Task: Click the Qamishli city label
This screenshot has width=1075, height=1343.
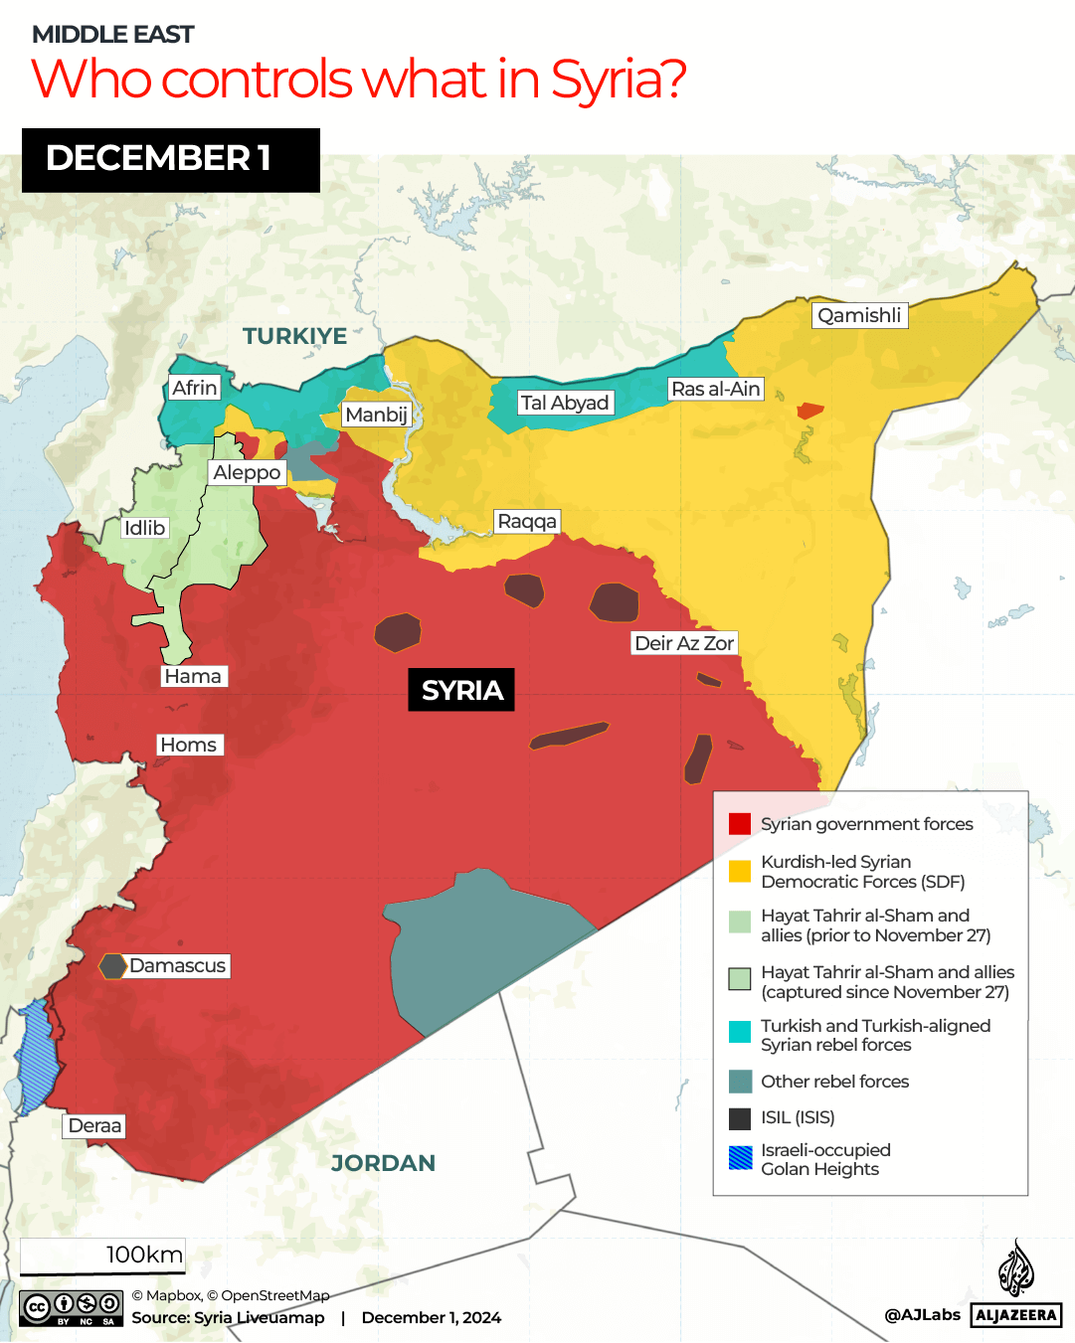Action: coord(859,315)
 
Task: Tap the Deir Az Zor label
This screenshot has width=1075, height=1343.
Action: coord(684,643)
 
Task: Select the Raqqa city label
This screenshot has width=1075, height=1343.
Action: coord(527,522)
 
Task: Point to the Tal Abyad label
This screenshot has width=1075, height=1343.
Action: coord(564,403)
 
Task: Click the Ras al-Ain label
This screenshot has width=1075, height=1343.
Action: coord(716,389)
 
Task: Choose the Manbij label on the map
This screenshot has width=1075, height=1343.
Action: coord(376,415)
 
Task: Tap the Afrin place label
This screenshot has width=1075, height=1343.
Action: coord(194,388)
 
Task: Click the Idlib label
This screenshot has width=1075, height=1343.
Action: coord(144,528)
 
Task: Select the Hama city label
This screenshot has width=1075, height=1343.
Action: coord(193,676)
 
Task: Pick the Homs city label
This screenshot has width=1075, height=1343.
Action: coord(188,745)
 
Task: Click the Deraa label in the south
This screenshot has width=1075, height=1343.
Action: coord(94,1125)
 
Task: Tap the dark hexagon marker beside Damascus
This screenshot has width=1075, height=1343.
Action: coord(112,965)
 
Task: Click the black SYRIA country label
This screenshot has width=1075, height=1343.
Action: coord(461,690)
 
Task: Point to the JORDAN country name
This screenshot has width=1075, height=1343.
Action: coord(383,1163)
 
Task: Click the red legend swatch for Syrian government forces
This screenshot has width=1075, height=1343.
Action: coord(740,824)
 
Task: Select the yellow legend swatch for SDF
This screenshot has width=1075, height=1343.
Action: coord(740,872)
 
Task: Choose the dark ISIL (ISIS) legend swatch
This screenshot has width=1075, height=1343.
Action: coord(740,1118)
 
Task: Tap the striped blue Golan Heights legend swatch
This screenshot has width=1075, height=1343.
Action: coord(740,1158)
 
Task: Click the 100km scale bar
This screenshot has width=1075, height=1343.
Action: coord(102,1257)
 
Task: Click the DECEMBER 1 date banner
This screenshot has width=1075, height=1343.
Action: coord(171,159)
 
